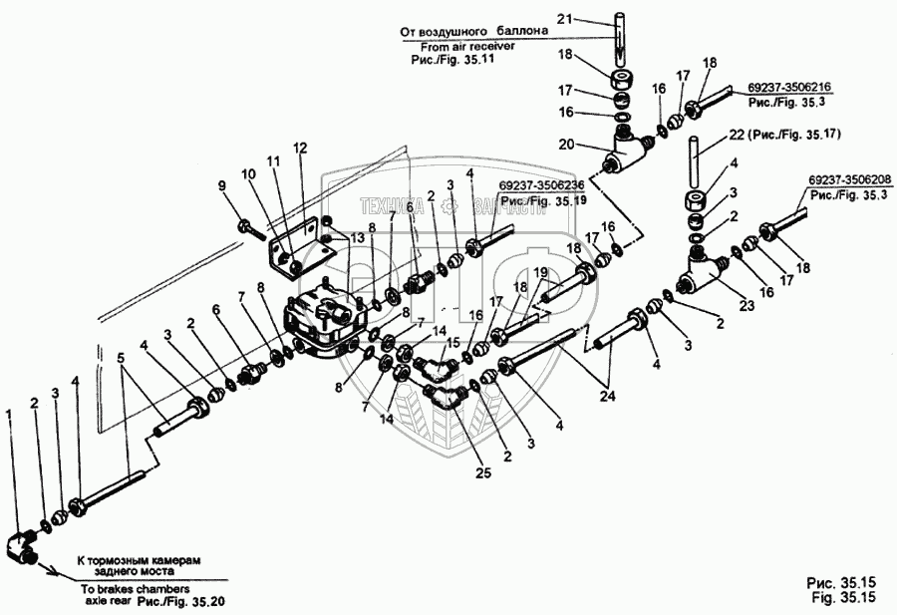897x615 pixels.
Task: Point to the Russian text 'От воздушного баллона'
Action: [474, 31]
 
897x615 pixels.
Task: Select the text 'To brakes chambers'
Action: [129, 588]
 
